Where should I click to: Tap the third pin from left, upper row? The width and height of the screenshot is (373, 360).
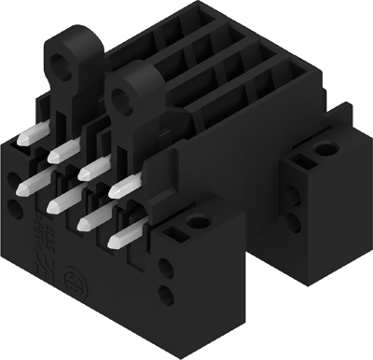click(x=90, y=169)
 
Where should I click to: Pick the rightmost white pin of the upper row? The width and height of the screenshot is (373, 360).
click(x=120, y=187)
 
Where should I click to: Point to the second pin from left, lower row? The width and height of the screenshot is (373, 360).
click(x=58, y=198)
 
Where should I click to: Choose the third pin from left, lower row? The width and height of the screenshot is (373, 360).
click(x=90, y=219)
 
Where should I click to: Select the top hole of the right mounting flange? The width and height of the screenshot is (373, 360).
click(x=325, y=149)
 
